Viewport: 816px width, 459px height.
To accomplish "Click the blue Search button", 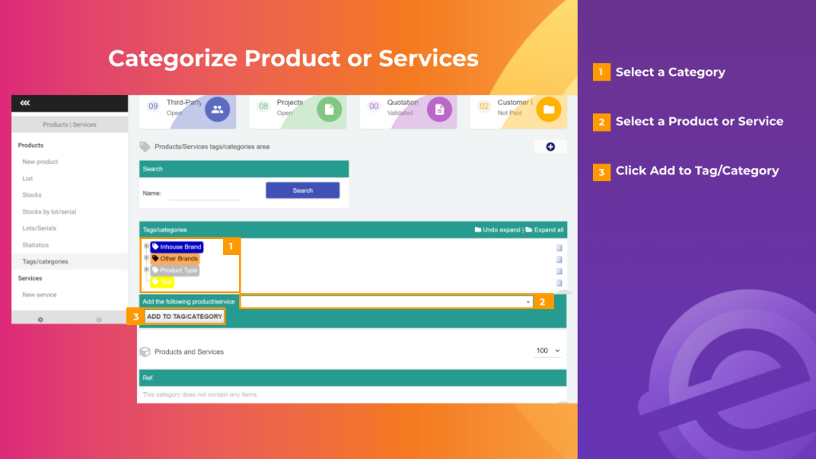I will point(302,190).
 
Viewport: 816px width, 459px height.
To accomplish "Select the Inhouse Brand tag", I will point(176,247).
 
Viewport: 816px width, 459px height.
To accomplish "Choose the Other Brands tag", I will point(175,259).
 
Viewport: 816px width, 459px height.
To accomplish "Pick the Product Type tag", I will point(175,270).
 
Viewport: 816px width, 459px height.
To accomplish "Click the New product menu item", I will point(40,162).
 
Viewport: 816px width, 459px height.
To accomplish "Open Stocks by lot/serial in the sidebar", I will point(49,212).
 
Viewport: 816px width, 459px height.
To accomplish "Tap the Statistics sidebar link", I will point(36,245).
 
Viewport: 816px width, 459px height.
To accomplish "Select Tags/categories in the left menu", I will point(45,261).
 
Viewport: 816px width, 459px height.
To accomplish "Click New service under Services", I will point(39,295).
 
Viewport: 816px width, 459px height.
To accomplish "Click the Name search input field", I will point(204,193).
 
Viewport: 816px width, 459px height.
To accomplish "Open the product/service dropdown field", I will point(386,302).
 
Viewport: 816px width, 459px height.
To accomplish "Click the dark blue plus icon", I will point(550,147).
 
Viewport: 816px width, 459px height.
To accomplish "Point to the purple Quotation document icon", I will point(439,110).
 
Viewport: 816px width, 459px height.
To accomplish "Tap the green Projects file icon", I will point(329,110).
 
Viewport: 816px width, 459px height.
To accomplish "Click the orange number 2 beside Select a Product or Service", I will point(602,122).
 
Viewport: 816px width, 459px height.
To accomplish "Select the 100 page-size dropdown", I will point(547,351).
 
